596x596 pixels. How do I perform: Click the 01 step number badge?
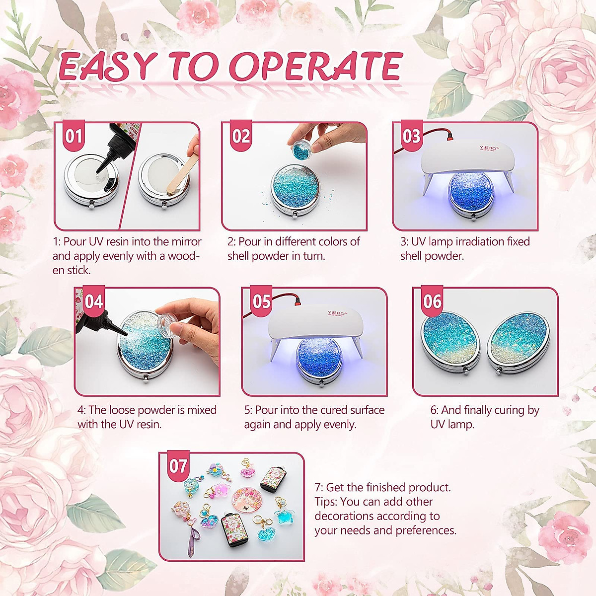74,135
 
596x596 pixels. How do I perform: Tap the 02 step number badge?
241,135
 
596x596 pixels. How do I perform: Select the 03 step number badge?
411,135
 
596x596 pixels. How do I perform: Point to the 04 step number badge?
93,301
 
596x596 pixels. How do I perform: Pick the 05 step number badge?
262,301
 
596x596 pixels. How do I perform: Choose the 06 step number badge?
432,301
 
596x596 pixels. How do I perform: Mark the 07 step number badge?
178,466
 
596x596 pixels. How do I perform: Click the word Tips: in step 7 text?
328,502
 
